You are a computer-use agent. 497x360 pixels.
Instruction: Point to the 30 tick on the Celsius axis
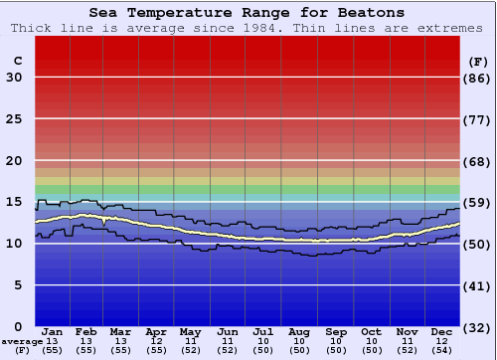[14, 78]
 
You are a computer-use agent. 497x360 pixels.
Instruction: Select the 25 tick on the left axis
[14, 119]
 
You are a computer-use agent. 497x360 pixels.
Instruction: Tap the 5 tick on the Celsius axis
[18, 285]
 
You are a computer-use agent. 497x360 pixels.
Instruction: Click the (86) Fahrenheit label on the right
[478, 78]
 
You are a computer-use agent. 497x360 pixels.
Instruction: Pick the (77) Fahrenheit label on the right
[478, 119]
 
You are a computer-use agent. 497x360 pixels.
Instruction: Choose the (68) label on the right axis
[478, 161]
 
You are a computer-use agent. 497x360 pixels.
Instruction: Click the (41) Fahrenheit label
[478, 285]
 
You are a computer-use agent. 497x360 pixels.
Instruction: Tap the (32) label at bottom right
[478, 327]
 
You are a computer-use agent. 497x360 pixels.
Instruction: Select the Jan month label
[54, 331]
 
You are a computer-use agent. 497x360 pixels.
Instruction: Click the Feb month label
[86, 331]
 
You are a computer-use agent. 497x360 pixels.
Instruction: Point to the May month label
[189, 331]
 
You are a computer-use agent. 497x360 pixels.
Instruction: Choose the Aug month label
[298, 331]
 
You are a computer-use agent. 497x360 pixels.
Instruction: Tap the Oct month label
[371, 331]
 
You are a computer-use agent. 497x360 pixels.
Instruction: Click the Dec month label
[443, 331]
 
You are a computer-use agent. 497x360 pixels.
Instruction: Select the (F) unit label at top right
[478, 61]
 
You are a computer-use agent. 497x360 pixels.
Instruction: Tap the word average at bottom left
[22, 341]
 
